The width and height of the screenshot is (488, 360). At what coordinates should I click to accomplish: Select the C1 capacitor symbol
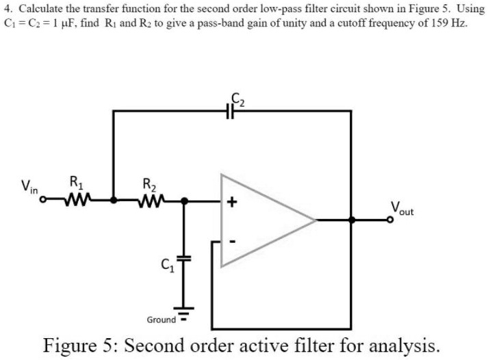pyautogui.click(x=183, y=259)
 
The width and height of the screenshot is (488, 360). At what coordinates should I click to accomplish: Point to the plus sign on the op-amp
pyautogui.click(x=232, y=203)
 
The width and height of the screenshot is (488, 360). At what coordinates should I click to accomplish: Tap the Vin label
pyautogui.click(x=29, y=185)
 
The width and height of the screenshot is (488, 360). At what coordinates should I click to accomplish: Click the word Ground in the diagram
pyautogui.click(x=161, y=320)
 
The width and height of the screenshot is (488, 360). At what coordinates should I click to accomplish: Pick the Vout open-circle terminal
pyautogui.click(x=392, y=220)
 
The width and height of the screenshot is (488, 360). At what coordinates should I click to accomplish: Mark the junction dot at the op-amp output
pyautogui.click(x=351, y=220)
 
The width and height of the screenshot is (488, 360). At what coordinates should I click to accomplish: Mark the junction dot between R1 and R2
pyautogui.click(x=114, y=201)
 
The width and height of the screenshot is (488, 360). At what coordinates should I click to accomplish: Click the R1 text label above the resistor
pyautogui.click(x=77, y=183)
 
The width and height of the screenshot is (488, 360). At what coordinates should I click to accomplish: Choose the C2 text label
pyautogui.click(x=238, y=99)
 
